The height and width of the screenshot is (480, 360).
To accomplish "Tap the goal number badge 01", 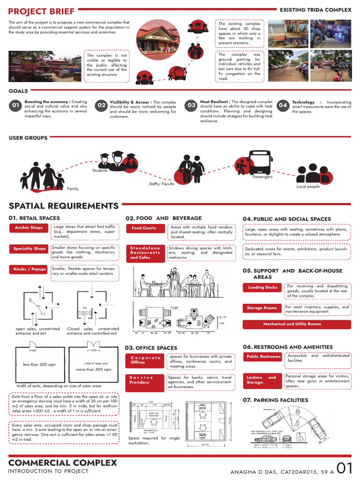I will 15,106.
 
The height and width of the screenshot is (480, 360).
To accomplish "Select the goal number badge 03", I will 191,106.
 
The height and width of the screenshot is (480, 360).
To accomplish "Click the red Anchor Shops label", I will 29,228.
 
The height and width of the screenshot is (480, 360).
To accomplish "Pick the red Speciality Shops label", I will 30,248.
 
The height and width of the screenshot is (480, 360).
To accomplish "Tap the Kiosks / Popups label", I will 30,270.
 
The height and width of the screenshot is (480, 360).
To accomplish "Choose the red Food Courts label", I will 144,228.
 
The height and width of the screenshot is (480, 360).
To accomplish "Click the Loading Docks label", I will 263,287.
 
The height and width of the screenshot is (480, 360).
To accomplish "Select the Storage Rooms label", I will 262,308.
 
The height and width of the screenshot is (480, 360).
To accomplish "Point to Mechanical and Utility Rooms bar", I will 296,324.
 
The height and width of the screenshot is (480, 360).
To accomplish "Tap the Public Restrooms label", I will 263,357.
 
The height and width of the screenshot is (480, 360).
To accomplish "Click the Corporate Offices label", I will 145,360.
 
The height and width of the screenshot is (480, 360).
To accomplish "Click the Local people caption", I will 308,187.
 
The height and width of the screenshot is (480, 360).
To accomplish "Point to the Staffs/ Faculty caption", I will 162,184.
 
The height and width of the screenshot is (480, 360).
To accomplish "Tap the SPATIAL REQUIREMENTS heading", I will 64,206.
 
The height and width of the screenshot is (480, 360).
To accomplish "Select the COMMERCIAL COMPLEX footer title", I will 63,463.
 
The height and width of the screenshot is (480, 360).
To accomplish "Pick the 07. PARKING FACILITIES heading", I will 275,400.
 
